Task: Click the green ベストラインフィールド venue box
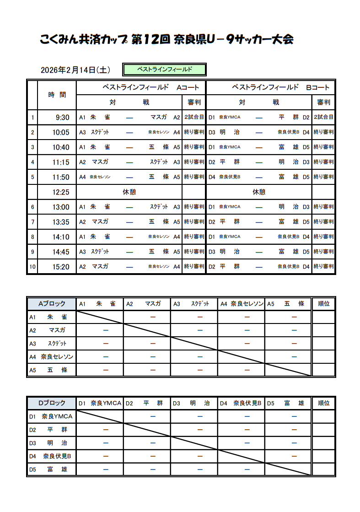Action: pos(165,70)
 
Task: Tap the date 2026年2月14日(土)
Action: pos(75,70)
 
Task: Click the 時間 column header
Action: pos(57,95)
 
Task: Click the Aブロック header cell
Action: pos(52,303)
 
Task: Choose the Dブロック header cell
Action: pos(52,403)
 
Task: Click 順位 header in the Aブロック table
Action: pos(323,303)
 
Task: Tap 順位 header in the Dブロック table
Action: pos(323,403)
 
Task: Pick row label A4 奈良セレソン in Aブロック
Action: pos(52,356)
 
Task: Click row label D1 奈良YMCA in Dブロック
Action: pos(52,416)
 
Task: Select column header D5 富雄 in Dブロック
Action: pos(288,403)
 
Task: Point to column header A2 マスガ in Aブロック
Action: pos(147,303)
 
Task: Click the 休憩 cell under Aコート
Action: pos(129,192)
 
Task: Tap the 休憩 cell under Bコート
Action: pos(259,192)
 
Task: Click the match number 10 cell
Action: pos(32,267)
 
